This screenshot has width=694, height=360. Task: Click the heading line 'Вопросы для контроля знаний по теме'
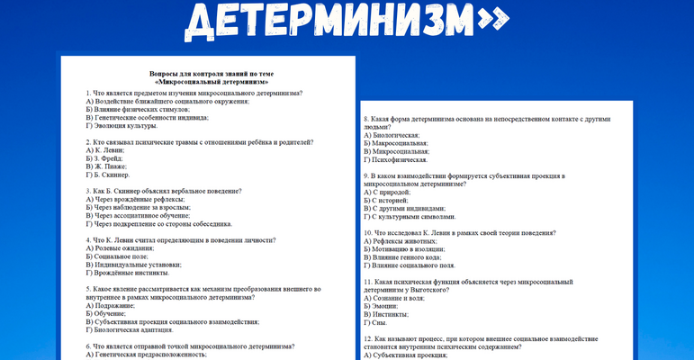pos(211,73)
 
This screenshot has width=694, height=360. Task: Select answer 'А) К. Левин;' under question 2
pos(106,150)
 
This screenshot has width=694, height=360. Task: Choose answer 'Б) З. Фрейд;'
pos(107,158)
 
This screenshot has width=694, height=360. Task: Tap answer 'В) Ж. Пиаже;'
pos(108,166)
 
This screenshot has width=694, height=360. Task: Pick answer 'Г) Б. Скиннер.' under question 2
pos(111,175)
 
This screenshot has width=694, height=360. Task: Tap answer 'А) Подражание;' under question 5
pos(111,306)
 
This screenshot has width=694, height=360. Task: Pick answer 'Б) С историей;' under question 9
pos(387,200)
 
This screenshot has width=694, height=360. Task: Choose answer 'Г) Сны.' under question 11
pos(376,322)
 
